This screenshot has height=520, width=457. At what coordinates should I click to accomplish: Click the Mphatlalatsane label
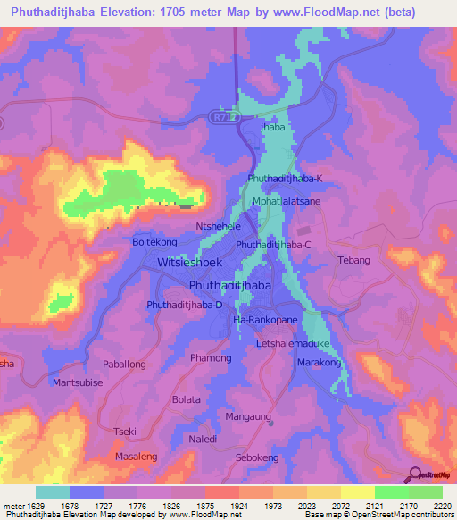point(287,202)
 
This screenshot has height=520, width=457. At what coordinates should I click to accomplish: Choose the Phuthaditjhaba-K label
point(285,179)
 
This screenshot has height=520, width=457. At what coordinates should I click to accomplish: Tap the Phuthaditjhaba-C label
point(273,244)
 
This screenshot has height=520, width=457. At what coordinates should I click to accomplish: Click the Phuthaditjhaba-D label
point(185,305)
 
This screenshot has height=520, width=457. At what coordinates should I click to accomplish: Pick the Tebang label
point(353,260)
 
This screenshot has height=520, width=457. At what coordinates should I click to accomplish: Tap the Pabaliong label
point(124,365)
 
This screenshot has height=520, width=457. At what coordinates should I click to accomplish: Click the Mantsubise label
point(79,383)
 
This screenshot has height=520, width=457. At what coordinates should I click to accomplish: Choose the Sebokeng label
point(257,457)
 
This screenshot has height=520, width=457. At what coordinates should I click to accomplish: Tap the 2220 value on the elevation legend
point(443,506)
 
